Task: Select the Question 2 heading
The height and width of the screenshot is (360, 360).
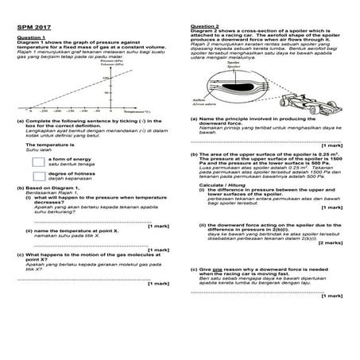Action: [205, 26]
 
